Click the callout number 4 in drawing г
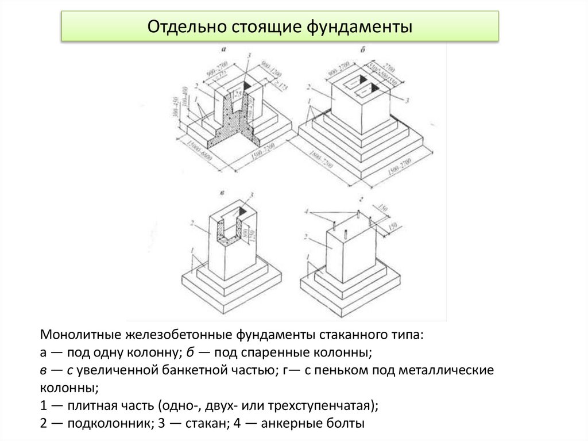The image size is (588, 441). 308,212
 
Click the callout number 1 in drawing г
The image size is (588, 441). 308,256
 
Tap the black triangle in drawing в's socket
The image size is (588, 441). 243,212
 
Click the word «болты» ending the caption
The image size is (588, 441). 345,424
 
